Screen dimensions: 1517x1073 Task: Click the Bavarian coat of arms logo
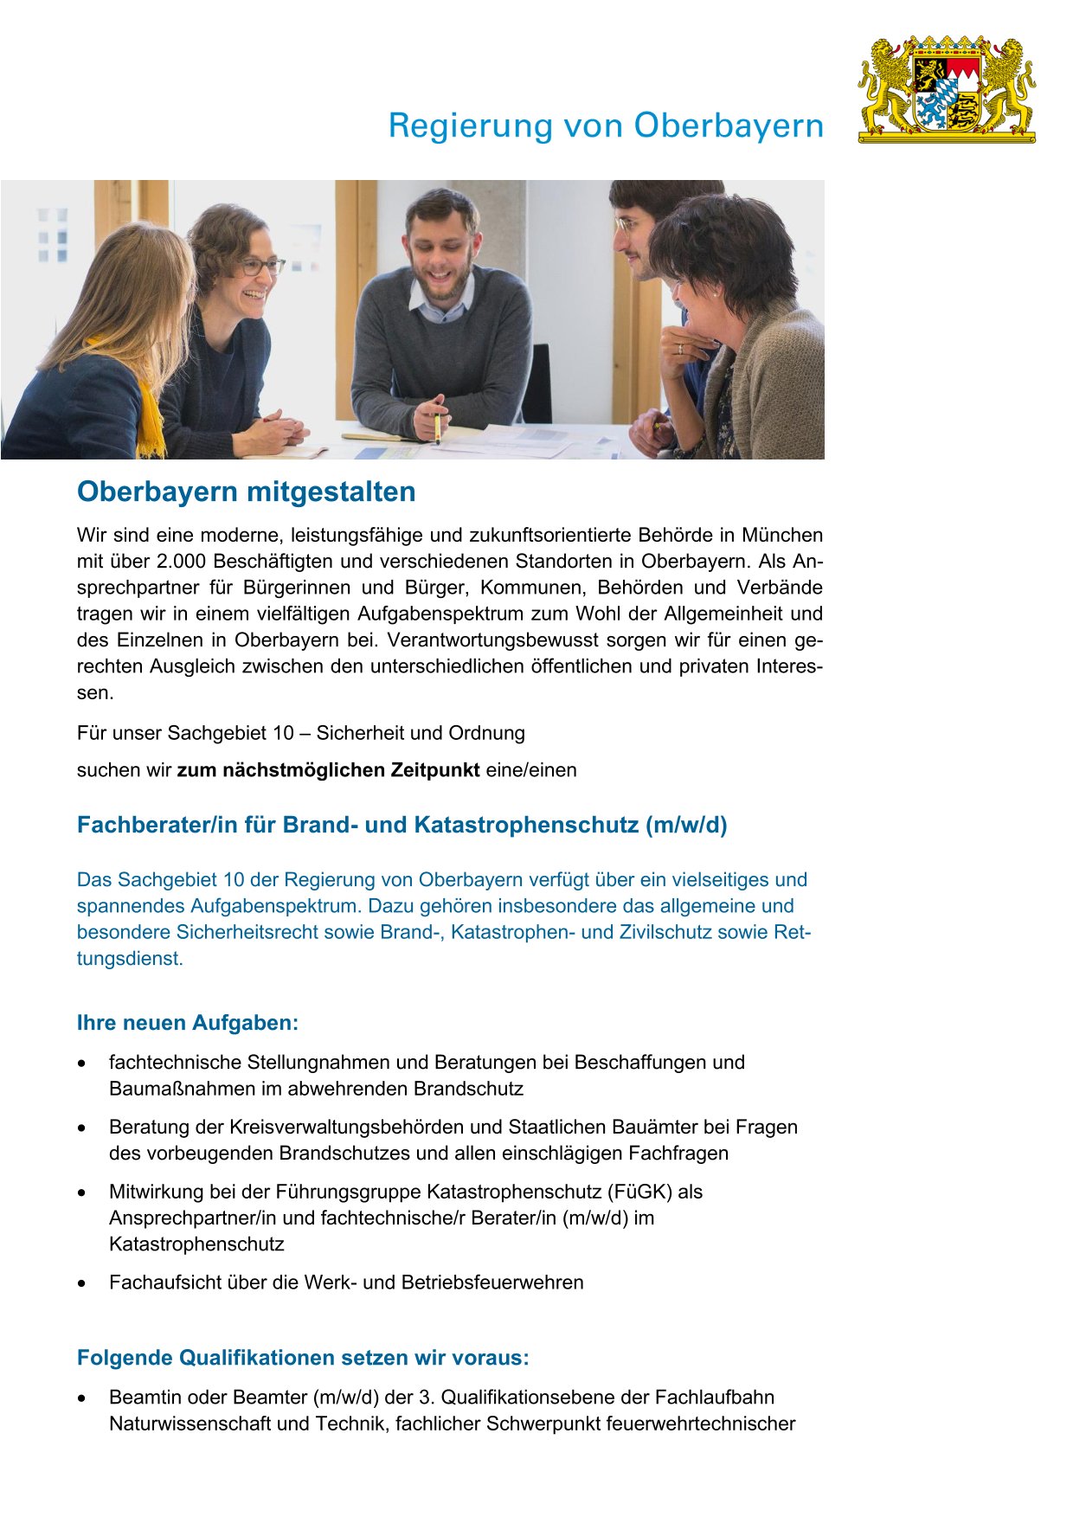point(947,89)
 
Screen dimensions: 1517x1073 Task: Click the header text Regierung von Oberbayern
point(606,125)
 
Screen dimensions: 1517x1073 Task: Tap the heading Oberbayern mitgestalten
point(247,492)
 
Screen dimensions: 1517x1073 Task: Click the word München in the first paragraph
point(782,535)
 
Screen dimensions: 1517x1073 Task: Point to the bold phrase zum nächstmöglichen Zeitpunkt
point(328,770)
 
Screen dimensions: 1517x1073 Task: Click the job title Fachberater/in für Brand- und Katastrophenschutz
point(402,825)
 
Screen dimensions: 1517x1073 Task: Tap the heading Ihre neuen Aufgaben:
point(188,1023)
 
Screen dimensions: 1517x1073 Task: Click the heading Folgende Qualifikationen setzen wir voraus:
point(303,1358)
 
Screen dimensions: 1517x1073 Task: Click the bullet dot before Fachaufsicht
point(82,1283)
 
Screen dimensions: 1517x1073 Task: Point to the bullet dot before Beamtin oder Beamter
point(82,1398)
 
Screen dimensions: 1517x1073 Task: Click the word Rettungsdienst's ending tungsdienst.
point(130,959)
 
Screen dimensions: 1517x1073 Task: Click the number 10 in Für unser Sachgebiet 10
point(283,733)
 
